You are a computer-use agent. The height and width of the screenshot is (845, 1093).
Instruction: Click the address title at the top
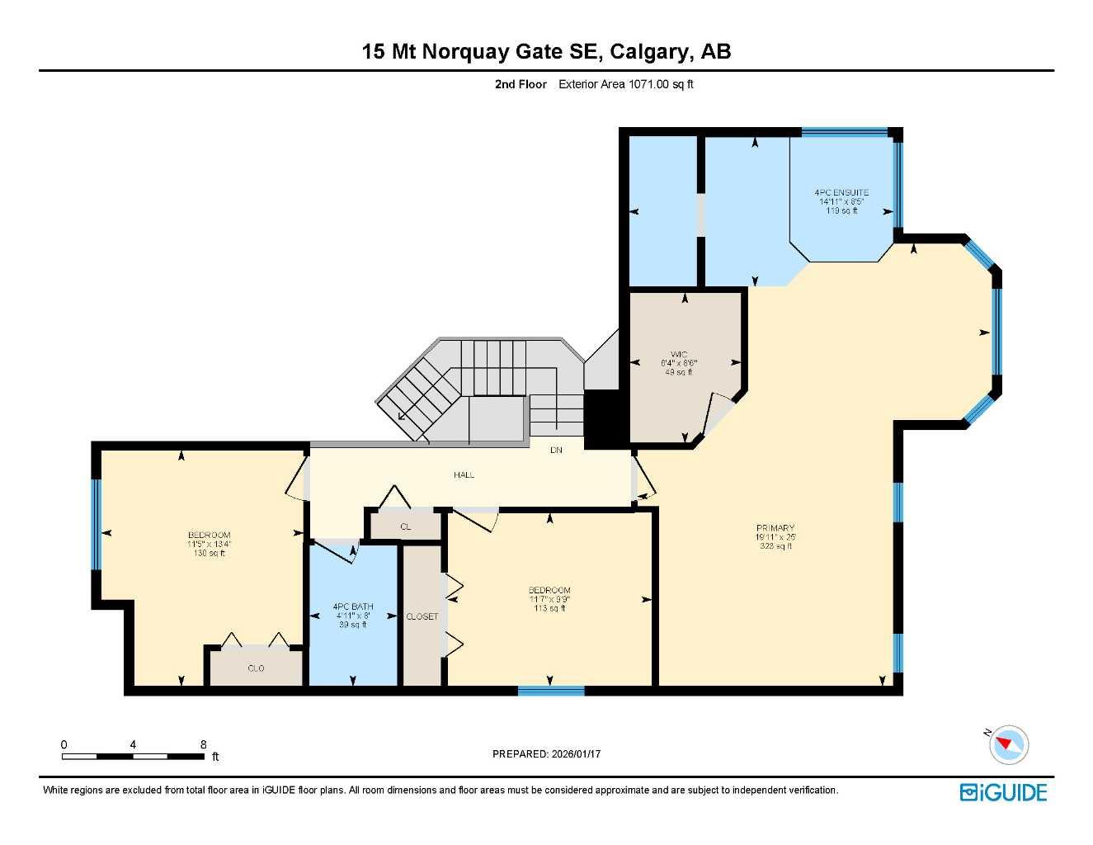546,51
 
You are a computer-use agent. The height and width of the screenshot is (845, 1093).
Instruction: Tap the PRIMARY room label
775,528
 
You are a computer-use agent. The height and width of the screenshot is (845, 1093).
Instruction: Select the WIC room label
678,354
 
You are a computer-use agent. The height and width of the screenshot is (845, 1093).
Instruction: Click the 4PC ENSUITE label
841,193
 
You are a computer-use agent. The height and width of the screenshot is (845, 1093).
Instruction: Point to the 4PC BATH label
353,607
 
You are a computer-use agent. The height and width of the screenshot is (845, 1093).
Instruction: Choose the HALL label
464,475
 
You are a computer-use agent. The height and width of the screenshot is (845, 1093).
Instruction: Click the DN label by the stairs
556,451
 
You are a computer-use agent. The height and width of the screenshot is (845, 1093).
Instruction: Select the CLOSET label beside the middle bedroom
422,616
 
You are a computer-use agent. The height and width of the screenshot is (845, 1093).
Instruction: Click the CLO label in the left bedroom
256,668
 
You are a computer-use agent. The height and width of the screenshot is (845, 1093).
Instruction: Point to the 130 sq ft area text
209,554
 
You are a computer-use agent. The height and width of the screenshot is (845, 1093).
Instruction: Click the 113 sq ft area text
549,609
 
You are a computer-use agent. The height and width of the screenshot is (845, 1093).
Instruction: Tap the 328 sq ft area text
775,546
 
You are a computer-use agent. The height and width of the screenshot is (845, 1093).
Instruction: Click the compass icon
1008,744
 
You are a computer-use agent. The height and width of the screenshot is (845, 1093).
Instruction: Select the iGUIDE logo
1003,792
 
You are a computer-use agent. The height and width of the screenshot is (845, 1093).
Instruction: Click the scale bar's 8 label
203,744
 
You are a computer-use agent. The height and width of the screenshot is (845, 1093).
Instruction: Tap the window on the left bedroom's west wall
96,524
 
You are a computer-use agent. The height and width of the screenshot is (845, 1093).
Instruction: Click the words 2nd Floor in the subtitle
521,84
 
